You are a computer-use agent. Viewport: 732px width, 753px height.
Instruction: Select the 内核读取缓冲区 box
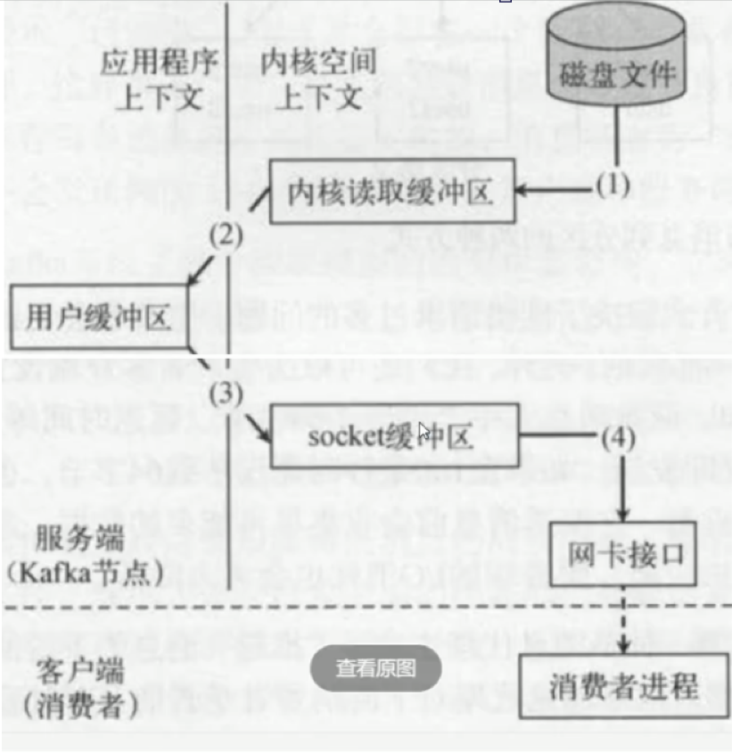pos(392,192)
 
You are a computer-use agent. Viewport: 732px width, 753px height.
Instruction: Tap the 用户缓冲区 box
pos(99,318)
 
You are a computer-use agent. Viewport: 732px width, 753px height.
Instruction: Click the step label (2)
pos(226,235)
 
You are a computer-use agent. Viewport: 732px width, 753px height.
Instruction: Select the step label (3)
pos(226,393)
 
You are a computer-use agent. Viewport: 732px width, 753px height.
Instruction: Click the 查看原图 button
pos(375,667)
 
